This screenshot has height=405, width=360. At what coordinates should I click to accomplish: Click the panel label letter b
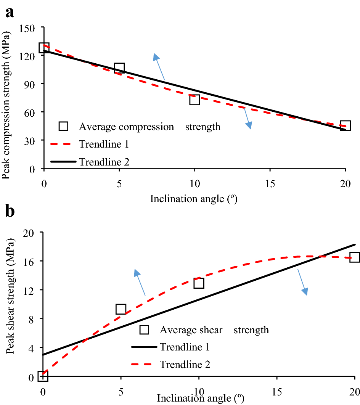point(10,211)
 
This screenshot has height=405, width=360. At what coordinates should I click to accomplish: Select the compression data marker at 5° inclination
point(119,68)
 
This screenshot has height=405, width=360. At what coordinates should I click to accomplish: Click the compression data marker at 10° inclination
point(194,100)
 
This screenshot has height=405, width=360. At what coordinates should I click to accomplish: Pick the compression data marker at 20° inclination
point(345,125)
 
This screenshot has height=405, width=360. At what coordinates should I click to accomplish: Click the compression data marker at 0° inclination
point(44,48)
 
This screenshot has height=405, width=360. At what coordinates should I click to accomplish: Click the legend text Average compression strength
point(149,126)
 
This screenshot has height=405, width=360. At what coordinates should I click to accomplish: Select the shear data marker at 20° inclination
point(355,257)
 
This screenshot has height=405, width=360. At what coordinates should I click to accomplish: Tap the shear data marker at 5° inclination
point(121,309)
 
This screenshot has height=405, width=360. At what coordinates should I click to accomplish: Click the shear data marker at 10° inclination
point(199,283)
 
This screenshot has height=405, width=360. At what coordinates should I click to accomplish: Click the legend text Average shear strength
point(214,329)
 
